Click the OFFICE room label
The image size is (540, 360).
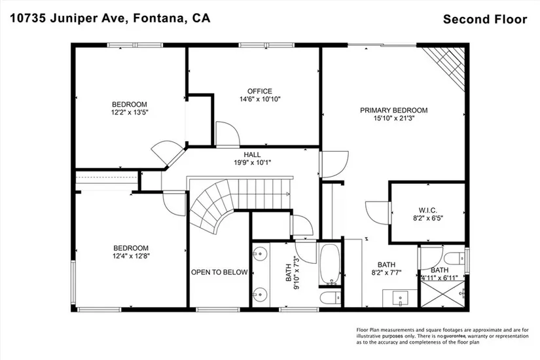260,91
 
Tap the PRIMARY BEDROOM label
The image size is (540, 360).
393,110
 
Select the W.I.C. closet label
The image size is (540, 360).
427,210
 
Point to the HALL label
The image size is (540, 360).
252,154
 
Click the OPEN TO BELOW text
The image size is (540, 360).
219,272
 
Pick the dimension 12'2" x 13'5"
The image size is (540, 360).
130,113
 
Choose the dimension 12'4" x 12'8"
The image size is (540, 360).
131,256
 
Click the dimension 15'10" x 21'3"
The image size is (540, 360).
393,118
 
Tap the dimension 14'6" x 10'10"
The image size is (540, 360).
260,99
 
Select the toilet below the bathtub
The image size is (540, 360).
331,298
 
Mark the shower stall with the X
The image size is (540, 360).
442,293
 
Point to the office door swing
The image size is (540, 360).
226,134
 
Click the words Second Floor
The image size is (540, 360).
485,19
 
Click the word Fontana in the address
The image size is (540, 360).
159,18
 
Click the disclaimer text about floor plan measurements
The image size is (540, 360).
442,336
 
